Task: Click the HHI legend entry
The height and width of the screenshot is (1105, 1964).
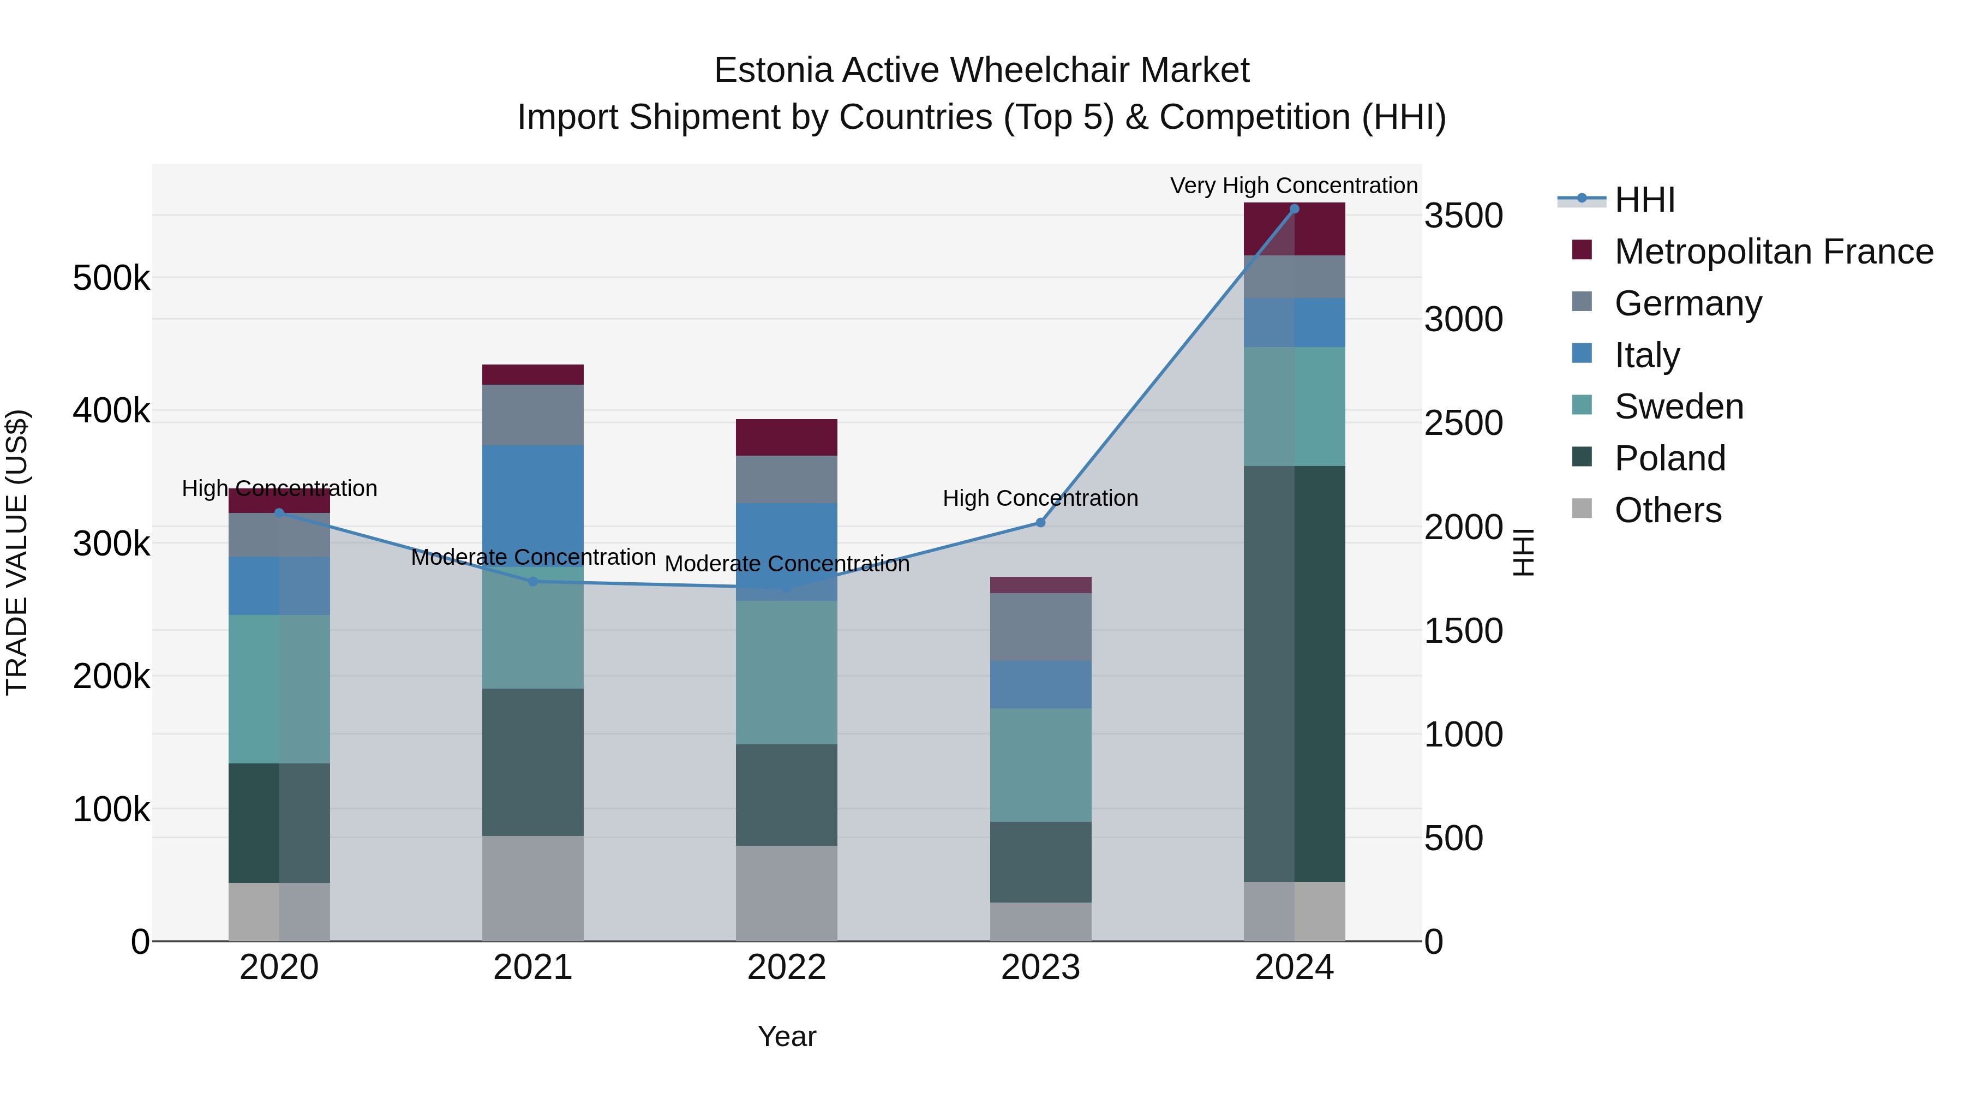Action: click(x=1644, y=200)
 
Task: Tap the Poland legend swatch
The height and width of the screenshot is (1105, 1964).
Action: click(x=1582, y=458)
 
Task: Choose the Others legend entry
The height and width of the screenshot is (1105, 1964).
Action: click(x=1667, y=510)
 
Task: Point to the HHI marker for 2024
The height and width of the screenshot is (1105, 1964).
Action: click(x=1294, y=209)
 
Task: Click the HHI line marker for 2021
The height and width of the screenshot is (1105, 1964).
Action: click(x=533, y=582)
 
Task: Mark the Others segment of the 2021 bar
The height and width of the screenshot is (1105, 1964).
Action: click(x=533, y=888)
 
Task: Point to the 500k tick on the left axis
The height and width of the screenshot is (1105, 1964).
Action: click(x=111, y=278)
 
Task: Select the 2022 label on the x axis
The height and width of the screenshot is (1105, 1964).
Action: click(x=786, y=967)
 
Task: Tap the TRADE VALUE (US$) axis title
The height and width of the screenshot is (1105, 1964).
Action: click(x=17, y=552)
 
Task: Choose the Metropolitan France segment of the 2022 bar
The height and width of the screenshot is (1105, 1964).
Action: click(x=786, y=437)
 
